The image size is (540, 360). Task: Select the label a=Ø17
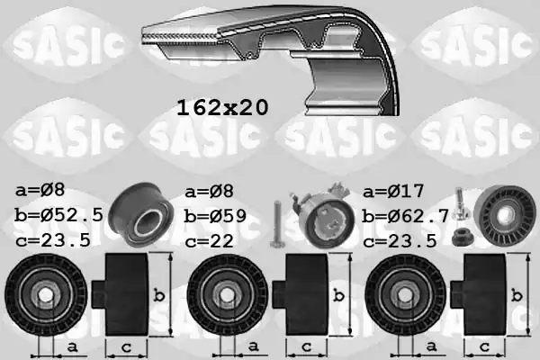click(x=393, y=193)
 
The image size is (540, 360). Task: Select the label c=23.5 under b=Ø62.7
click(x=400, y=240)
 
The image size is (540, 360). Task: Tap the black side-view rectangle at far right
click(x=483, y=294)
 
